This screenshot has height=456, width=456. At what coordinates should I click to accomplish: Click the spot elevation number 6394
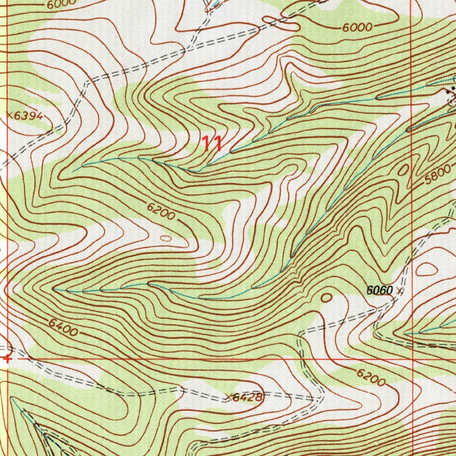coord(29,116)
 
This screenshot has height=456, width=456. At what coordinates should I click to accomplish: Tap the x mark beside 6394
coord(10,115)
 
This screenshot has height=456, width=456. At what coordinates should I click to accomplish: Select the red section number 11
coord(212,143)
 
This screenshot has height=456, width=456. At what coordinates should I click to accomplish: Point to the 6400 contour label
coord(63,329)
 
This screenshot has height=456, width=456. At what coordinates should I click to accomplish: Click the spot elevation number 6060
coord(379,291)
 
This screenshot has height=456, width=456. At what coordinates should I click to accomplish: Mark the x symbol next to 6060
coord(399,292)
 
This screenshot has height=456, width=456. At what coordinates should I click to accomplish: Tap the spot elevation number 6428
coord(248,397)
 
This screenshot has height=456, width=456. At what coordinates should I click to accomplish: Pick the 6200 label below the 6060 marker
coord(370,378)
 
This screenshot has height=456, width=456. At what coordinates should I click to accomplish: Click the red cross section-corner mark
coord(6,358)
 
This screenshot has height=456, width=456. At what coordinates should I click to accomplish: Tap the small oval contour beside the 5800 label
coord(403,170)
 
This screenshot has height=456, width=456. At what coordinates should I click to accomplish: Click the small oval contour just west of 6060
coord(326,297)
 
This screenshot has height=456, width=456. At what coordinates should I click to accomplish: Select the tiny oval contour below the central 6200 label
coord(165,239)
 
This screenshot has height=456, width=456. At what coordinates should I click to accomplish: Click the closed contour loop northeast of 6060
coord(426,269)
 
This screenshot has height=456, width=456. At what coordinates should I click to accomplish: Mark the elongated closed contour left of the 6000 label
coord(281,24)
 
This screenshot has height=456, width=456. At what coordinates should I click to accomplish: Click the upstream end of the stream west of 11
coord(73,171)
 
